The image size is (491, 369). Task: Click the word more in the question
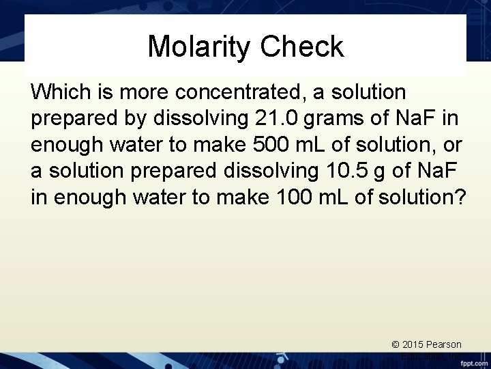coord(136,91)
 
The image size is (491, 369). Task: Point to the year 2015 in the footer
coord(416,345)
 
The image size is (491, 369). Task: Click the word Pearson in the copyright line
coord(445,345)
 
